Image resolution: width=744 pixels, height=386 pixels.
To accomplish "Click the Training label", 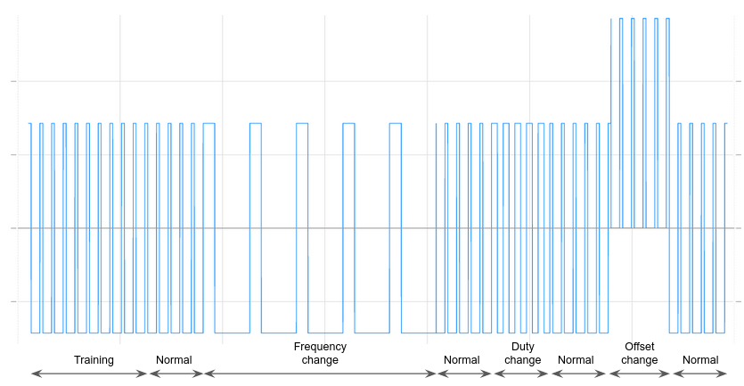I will point(94,360).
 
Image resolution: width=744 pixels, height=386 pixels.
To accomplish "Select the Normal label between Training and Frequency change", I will point(174,360).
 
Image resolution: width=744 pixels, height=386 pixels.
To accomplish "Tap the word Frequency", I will point(320,347).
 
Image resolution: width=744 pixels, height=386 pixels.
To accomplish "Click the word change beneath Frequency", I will point(320,360).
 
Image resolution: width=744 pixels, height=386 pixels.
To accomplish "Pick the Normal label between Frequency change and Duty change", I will point(462,360).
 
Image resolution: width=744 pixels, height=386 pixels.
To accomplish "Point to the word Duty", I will point(522,347).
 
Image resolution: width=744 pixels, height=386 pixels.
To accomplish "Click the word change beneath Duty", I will point(522,360).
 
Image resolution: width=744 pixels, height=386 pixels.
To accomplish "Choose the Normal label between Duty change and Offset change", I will point(576,360).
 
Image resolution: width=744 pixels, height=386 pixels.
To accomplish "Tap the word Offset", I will point(639,347).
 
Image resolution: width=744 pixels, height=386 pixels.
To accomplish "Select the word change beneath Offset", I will point(639,360).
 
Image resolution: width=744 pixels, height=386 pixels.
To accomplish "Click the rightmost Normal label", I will point(700,360).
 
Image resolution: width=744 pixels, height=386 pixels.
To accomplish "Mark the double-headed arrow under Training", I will point(89,374).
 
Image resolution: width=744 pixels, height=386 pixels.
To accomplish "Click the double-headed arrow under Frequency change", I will point(320,374).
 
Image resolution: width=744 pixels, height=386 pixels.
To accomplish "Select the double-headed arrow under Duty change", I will point(522,374).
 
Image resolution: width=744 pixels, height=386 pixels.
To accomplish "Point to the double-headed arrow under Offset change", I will point(639,374).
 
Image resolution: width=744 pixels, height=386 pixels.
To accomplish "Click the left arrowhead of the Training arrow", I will point(34,374).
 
